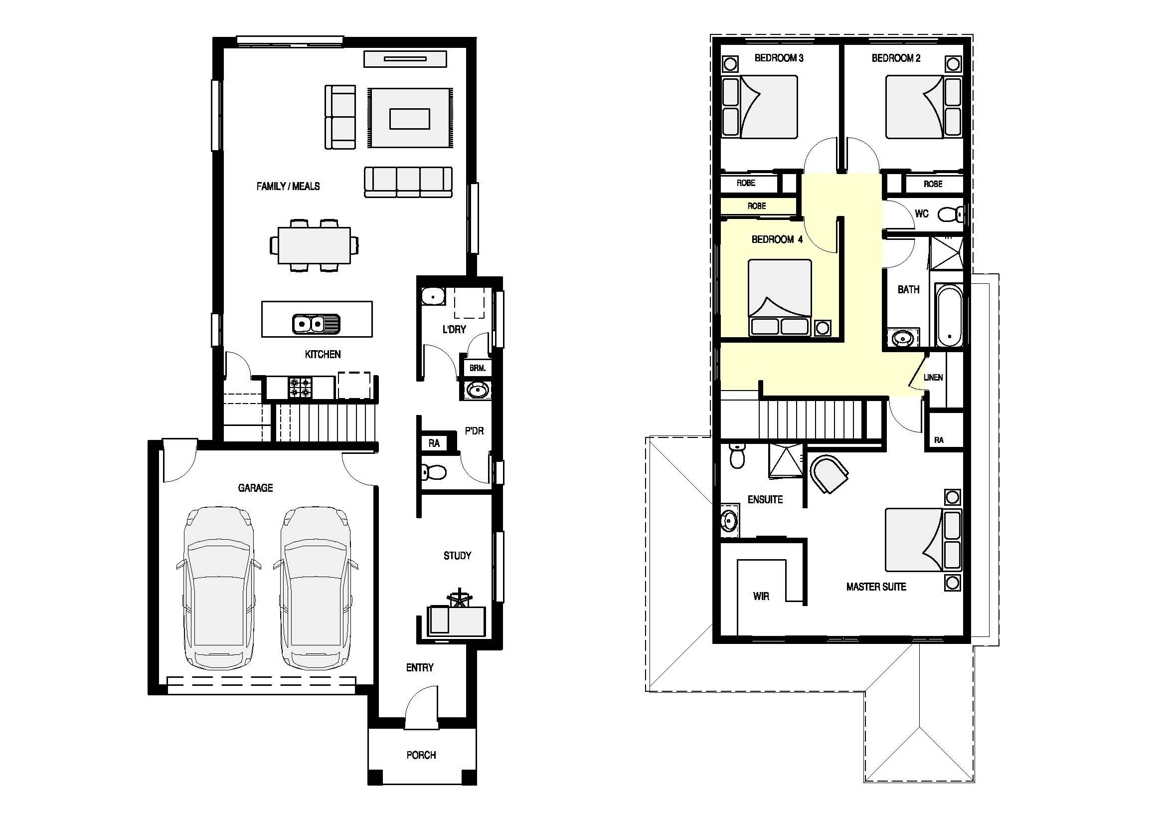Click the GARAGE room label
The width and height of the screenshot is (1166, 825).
coord(255,488)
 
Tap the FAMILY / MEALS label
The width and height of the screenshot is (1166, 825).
coord(288,187)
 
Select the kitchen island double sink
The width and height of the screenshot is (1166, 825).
coord(316,324)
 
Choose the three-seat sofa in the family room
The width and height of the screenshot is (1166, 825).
coord(408,182)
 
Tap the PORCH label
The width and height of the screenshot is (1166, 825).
coord(421,755)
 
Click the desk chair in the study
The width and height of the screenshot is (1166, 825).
coord(460,597)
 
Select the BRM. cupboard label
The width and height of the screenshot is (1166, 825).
coord(478,368)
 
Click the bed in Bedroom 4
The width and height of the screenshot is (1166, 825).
coord(780,297)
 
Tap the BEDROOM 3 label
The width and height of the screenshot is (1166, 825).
coord(779,58)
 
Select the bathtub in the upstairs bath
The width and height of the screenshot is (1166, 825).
coord(949,316)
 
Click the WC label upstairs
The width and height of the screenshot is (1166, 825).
coord(922,214)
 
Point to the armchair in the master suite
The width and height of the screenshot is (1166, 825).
coord(829,473)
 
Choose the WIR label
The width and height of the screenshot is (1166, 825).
coord(761,596)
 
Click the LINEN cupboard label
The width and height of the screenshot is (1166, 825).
coord(933,378)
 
